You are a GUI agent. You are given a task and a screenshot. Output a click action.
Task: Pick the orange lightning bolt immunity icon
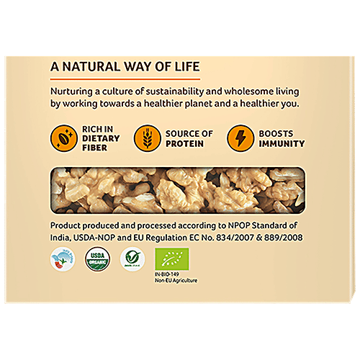(x=239, y=138)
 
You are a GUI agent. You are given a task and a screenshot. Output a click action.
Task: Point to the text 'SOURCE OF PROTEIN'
(x=189, y=138)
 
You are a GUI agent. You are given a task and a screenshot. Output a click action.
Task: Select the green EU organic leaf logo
(x=173, y=258)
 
